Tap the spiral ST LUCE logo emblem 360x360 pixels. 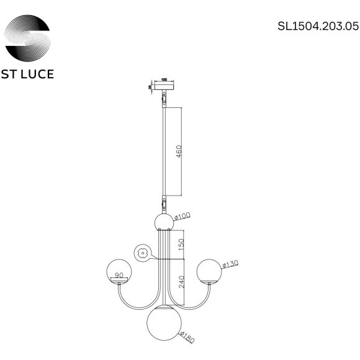click(x=29, y=36)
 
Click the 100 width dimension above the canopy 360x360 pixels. click(x=164, y=80)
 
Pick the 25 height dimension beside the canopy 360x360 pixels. click(x=150, y=88)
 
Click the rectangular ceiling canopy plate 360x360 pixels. click(x=164, y=88)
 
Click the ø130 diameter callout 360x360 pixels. click(x=230, y=266)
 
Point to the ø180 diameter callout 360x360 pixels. click(x=189, y=339)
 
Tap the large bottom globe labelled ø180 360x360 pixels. click(x=164, y=324)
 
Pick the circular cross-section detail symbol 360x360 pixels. click(x=142, y=253)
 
